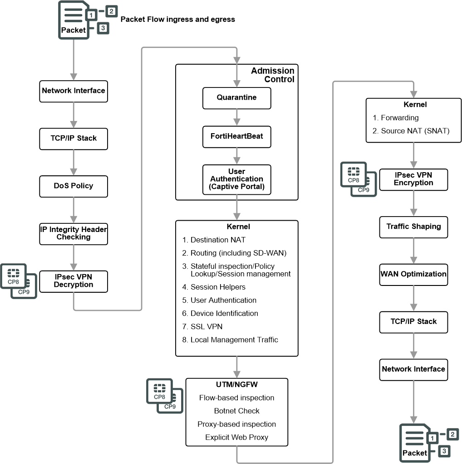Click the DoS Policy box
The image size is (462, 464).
click(74, 186)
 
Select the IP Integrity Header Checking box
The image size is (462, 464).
click(74, 234)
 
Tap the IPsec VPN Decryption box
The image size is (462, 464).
click(74, 281)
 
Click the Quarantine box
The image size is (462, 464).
click(237, 98)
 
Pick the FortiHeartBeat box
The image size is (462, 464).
click(237, 137)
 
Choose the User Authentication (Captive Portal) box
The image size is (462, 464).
click(237, 179)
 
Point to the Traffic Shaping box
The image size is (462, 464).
click(414, 227)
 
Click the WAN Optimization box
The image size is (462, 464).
click(414, 275)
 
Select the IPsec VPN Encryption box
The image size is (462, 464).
click(414, 179)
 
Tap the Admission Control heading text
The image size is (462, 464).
click(273, 75)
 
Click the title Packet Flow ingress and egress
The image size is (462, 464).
click(178, 19)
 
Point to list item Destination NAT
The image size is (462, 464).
click(214, 240)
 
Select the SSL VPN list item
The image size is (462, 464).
click(202, 327)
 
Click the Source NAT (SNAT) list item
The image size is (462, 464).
click(411, 131)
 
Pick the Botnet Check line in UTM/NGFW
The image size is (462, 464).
click(237, 411)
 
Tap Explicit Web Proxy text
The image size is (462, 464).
click(237, 437)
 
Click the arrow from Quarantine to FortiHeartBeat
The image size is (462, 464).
click(237, 117)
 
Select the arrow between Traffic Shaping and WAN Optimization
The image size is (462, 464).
click(414, 251)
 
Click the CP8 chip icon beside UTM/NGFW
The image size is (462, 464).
click(159, 391)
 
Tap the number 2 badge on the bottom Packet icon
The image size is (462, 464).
click(452, 434)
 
